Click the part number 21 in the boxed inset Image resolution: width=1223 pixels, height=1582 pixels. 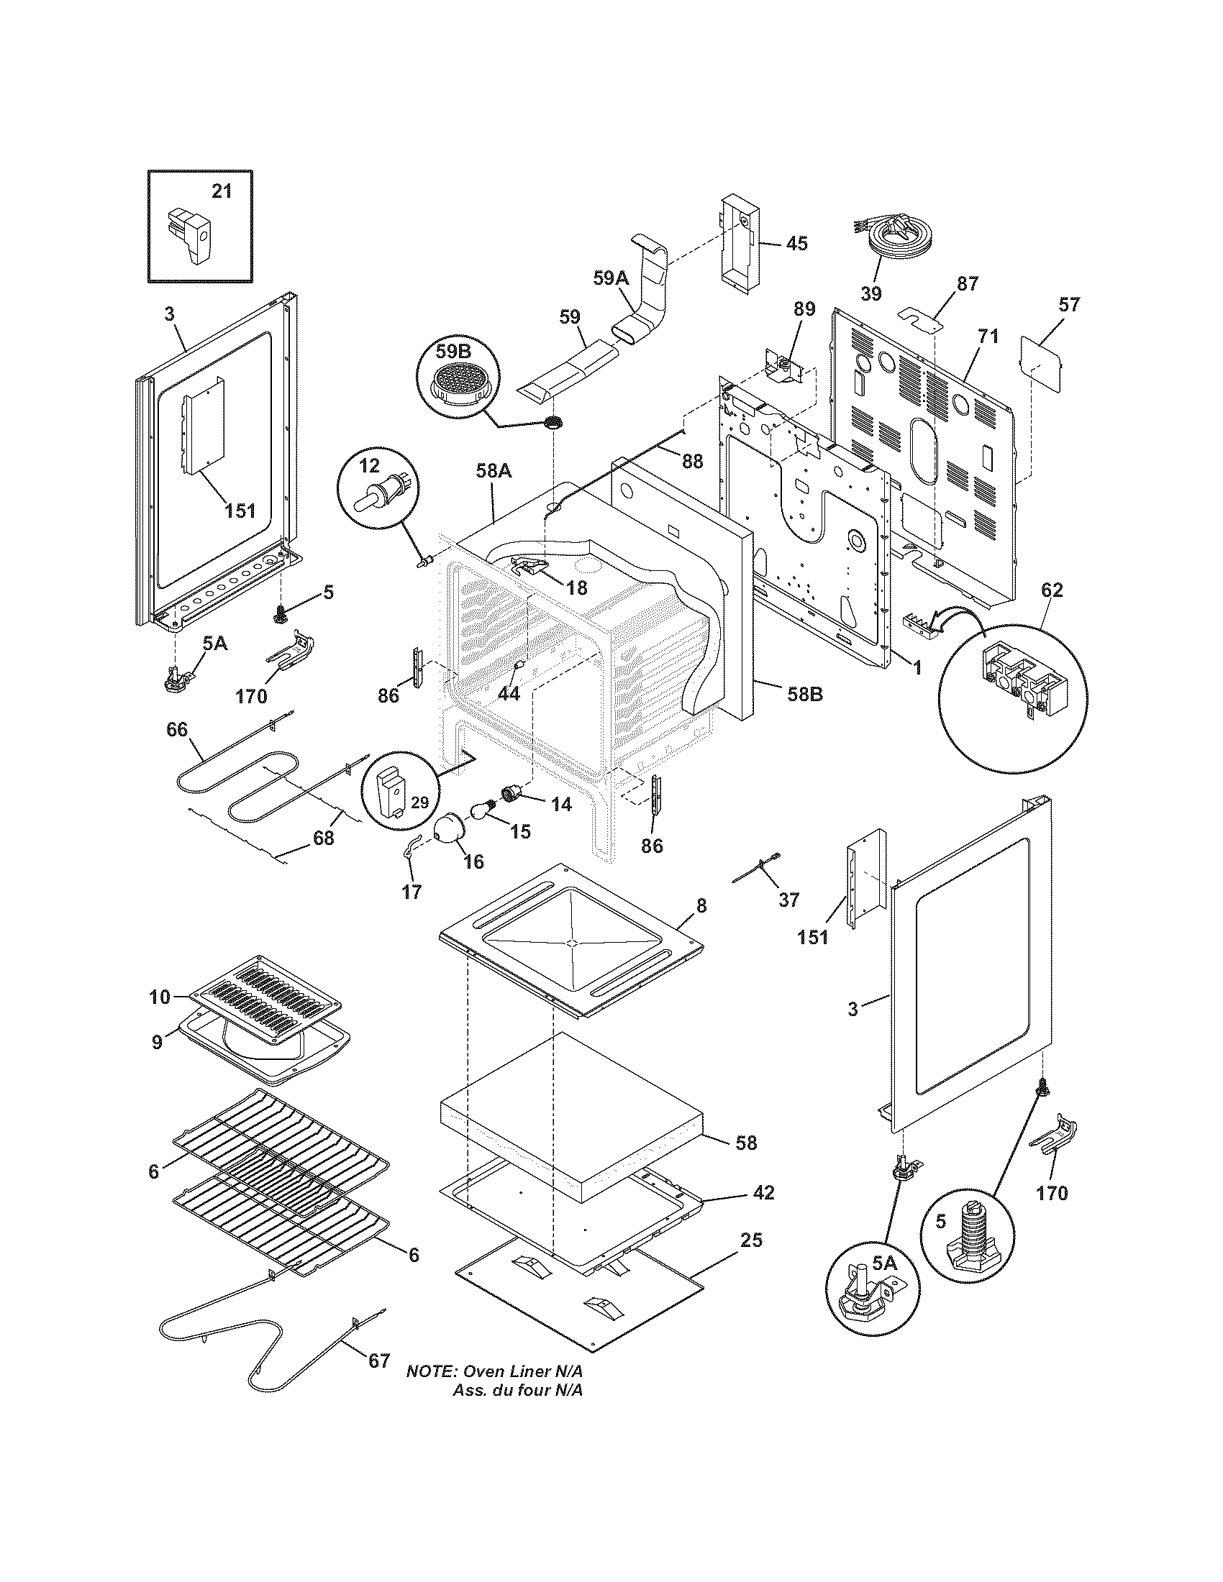point(222,191)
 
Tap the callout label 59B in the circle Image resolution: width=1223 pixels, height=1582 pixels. point(453,352)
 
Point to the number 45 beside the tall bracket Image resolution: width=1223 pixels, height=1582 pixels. point(796,243)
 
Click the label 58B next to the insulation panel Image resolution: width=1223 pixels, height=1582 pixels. point(804,693)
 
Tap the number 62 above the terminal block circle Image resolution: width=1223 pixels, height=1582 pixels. point(1052,590)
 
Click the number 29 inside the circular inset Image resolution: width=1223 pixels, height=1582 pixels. point(419,802)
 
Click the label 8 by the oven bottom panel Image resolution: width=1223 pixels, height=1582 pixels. point(701,905)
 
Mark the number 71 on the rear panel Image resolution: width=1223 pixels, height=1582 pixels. point(988,336)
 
